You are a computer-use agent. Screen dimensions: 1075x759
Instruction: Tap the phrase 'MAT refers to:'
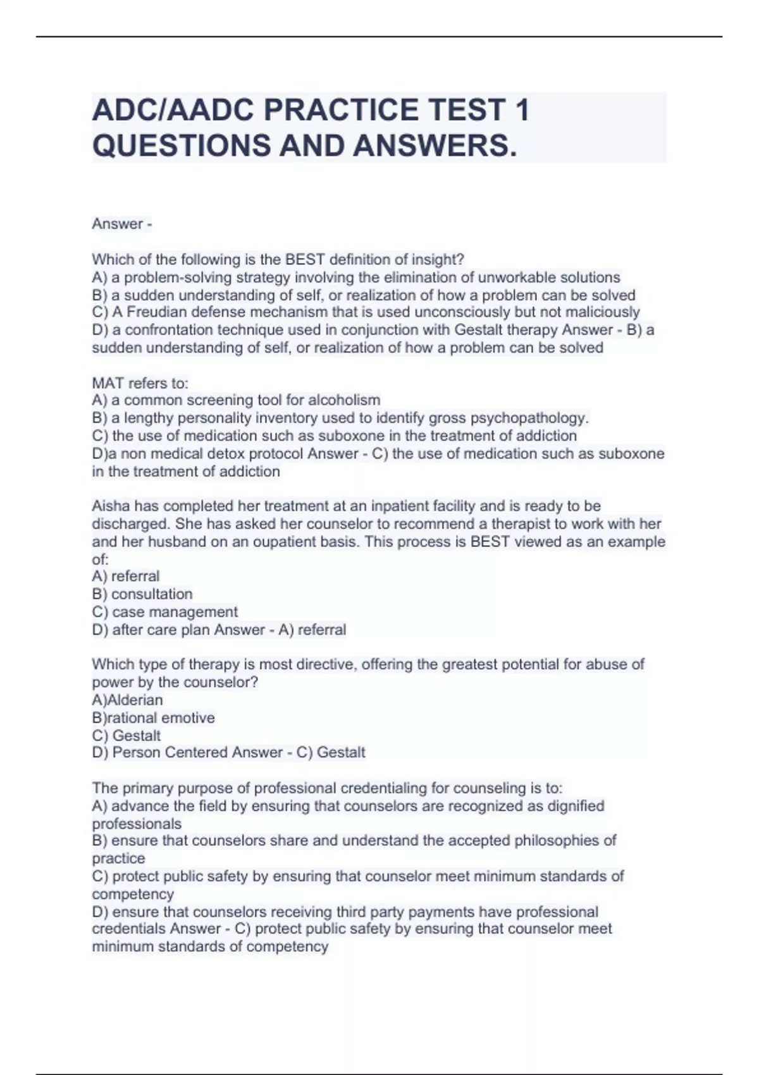140,383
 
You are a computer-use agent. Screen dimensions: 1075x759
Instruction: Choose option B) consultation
142,594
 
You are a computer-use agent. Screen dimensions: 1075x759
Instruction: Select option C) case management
165,612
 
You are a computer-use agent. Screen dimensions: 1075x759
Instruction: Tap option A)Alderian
128,700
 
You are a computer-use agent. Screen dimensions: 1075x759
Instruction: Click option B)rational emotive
154,718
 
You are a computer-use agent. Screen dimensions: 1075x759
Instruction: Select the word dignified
574,806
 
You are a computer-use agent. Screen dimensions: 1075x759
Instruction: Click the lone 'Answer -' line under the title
122,224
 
